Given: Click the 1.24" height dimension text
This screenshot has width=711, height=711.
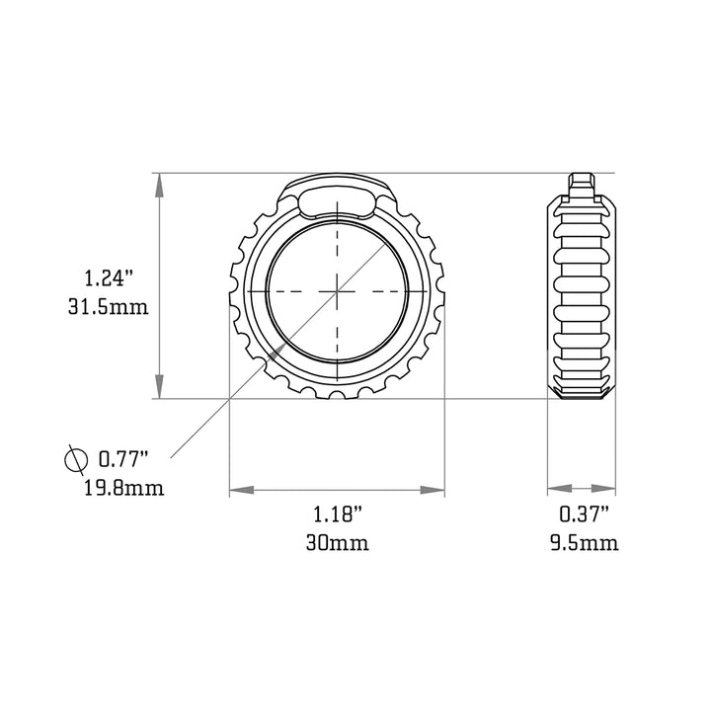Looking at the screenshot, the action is [x=108, y=277].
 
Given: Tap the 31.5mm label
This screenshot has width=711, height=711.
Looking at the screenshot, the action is [x=109, y=307].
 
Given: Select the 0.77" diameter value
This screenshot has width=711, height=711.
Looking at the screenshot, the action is [x=123, y=459].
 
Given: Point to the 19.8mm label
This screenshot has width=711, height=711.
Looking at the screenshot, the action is [x=124, y=489].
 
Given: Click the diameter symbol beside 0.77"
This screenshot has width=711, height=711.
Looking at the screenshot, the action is [x=76, y=460].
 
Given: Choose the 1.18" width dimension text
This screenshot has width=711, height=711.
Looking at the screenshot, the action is [x=338, y=514].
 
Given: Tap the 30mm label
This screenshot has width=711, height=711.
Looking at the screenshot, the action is [x=338, y=542].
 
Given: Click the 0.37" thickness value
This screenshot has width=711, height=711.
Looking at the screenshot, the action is [x=584, y=514].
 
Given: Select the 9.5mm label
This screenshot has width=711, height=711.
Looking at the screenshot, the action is [x=584, y=542].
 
